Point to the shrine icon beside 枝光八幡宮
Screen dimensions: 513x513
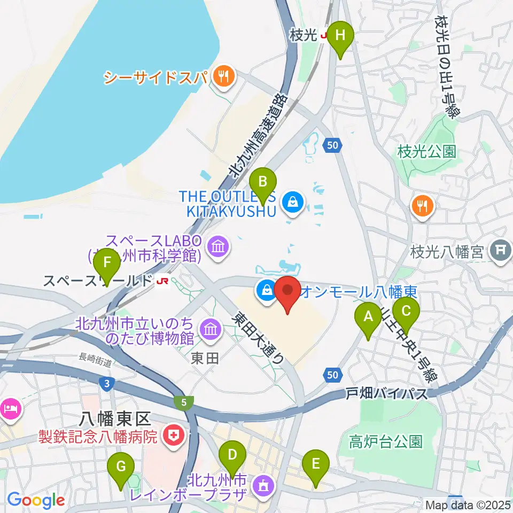point(501,249)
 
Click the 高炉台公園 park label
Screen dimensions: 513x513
point(386,441)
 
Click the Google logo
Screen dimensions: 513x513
point(36,501)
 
